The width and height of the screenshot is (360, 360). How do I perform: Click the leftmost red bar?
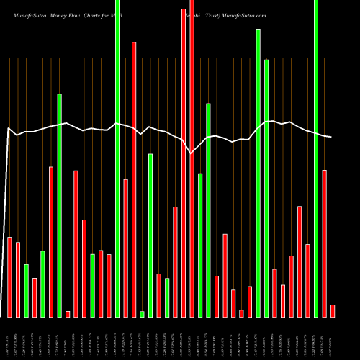click(9, 276)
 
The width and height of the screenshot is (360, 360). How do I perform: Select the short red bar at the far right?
click(333, 310)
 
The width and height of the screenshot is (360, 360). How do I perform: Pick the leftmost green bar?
click(26, 290)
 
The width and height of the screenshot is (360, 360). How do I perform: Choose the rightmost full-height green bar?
click(316, 158)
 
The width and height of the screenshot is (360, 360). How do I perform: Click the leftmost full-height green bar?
click(117, 158)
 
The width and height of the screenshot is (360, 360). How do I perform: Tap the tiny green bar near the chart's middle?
click(142, 313)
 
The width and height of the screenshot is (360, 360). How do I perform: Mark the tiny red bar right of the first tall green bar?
click(68, 313)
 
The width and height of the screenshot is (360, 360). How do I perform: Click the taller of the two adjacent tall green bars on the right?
click(258, 173)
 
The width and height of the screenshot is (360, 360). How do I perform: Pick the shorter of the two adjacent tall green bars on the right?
click(266, 188)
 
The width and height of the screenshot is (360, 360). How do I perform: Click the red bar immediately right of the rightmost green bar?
click(324, 243)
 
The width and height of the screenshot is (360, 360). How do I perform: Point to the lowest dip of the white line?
click(191, 153)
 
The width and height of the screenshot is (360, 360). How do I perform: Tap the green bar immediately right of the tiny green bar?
click(150, 235)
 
